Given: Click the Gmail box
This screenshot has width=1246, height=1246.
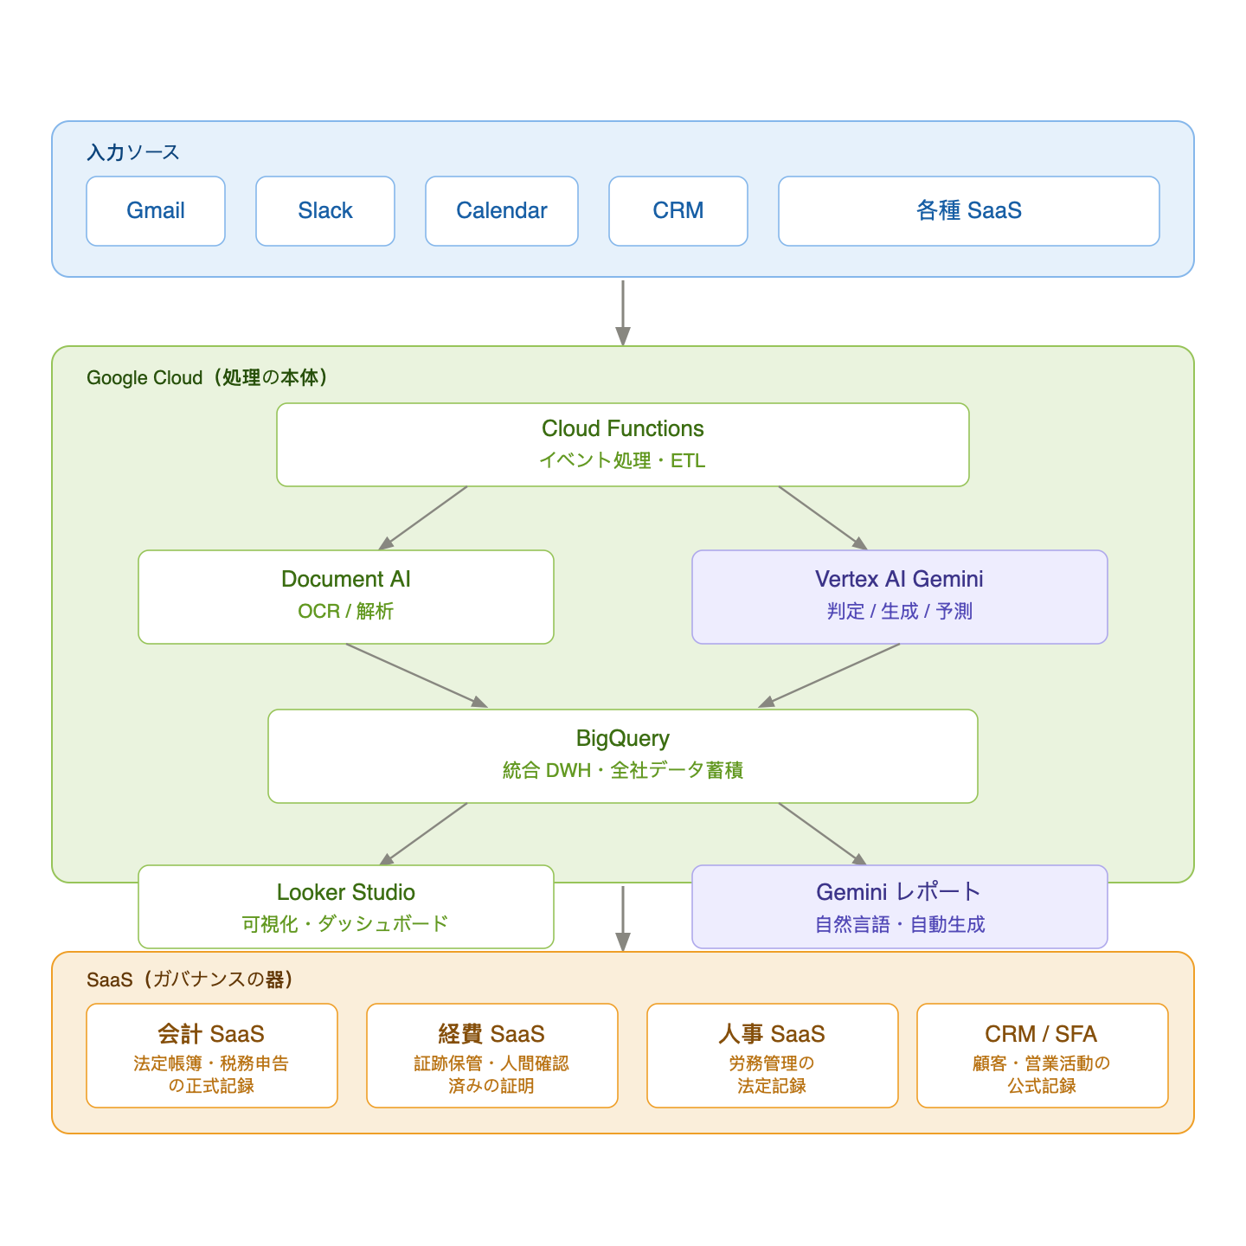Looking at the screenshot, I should (156, 211).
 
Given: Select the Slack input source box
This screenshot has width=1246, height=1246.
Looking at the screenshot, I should (325, 211).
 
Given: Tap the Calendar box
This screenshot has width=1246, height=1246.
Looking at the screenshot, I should (502, 211).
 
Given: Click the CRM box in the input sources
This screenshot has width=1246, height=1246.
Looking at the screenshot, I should (678, 211).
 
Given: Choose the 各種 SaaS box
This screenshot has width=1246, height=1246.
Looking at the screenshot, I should (969, 211).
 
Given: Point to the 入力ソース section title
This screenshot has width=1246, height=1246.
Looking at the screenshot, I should (133, 152).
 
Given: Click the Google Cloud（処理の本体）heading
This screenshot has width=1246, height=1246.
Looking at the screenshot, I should (208, 378).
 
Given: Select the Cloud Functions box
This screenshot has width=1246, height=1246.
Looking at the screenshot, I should (623, 445).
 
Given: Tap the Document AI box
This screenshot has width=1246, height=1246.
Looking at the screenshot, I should (346, 597).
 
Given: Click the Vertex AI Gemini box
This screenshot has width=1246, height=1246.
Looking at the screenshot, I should (900, 597).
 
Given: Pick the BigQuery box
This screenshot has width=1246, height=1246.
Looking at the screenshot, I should (623, 756).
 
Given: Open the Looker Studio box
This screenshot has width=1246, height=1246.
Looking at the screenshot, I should (346, 907).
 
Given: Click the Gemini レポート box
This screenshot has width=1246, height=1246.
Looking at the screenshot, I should (900, 907).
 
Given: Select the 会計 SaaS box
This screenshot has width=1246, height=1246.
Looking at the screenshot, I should (212, 1056).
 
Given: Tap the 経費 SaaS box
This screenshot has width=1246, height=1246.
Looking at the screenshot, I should (492, 1056).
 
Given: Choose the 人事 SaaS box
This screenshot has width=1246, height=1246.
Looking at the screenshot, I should (773, 1056).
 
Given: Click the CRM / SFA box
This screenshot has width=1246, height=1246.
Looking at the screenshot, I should (1043, 1056).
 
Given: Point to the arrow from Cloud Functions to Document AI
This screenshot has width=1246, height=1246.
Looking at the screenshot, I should (423, 517).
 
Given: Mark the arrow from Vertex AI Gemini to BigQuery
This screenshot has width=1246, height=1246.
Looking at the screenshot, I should (831, 676).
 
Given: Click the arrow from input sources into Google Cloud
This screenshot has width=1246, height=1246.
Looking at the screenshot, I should (623, 311).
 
